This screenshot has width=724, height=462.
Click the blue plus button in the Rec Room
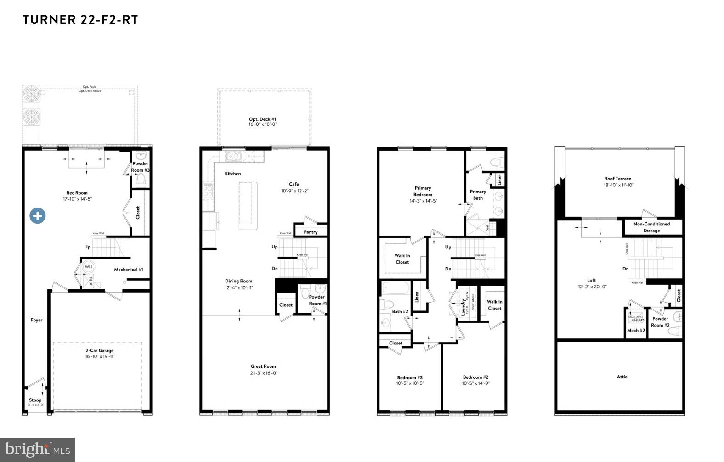click(38, 215)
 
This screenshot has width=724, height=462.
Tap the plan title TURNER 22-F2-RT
click(80, 20)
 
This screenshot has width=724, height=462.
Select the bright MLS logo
click(37, 450)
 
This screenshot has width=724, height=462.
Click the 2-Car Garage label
click(100, 350)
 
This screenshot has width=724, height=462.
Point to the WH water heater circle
click(88, 267)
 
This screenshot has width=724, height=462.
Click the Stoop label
click(35, 400)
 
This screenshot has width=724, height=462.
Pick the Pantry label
click(311, 232)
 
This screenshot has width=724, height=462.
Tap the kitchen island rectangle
click(248, 206)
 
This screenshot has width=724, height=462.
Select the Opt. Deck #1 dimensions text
click(263, 124)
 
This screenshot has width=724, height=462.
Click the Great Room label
click(263, 366)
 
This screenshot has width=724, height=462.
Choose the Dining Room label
click(238, 281)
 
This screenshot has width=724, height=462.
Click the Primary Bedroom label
click(423, 191)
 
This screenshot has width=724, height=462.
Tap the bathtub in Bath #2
click(396, 288)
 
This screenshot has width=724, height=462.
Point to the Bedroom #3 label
click(410, 377)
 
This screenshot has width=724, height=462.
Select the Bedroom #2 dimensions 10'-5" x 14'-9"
click(475, 383)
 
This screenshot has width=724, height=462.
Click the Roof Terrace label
click(617, 179)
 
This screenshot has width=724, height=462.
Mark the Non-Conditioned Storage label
click(651, 227)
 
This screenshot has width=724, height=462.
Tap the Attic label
click(622, 377)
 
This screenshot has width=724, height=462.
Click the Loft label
click(592, 280)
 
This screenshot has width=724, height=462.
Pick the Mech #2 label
click(636, 331)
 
